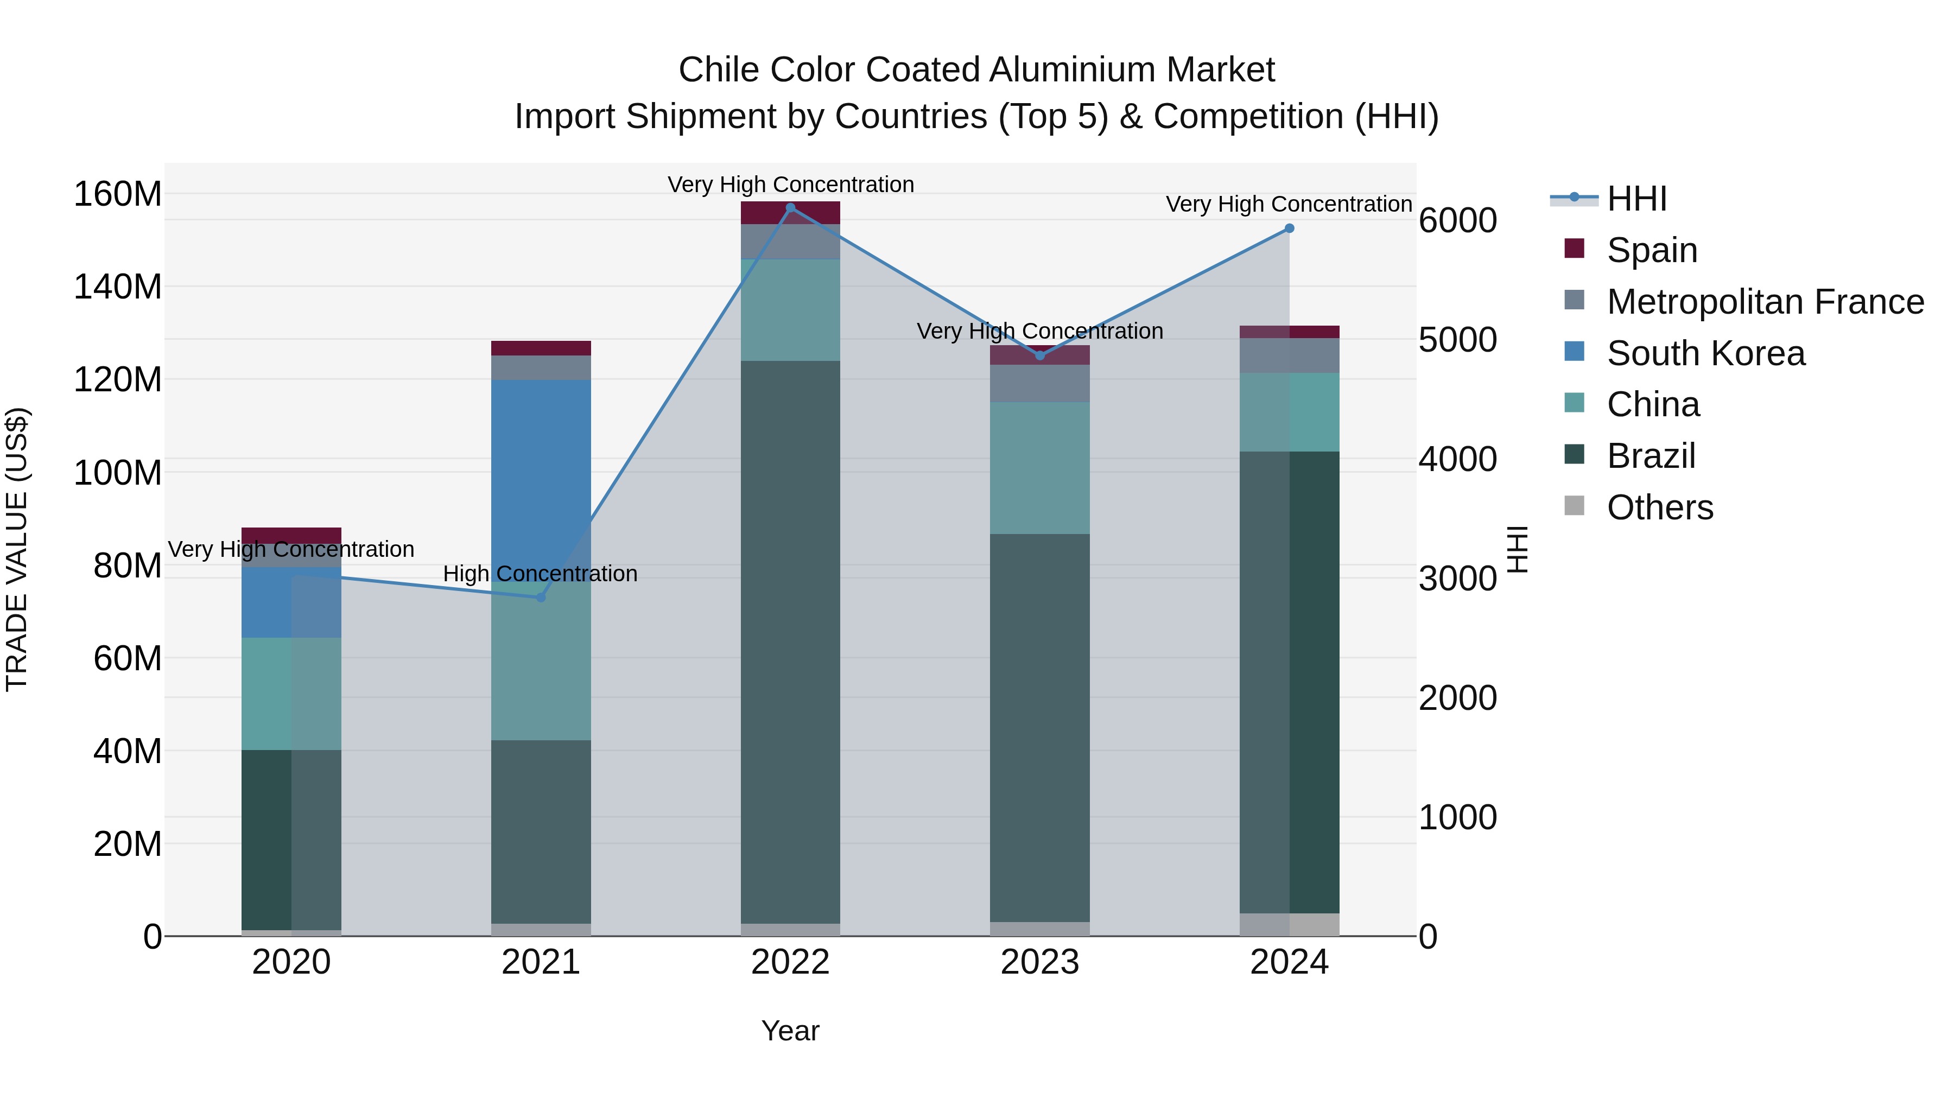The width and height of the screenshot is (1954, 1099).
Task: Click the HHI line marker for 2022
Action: click(x=790, y=208)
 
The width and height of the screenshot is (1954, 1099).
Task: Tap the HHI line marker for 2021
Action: click(x=541, y=598)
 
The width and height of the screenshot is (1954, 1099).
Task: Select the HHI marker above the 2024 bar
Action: click(x=1290, y=228)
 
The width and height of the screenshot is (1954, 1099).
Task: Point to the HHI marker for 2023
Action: click(x=1040, y=355)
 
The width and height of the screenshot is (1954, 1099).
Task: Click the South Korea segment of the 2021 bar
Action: click(x=541, y=470)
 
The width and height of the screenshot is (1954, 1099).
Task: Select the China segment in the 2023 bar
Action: click(x=1040, y=468)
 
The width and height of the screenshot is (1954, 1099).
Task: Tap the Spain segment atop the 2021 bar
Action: click(x=541, y=348)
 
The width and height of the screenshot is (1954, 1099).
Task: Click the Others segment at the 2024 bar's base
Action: click(x=1290, y=925)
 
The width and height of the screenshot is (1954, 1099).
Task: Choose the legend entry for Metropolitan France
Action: click(x=1765, y=302)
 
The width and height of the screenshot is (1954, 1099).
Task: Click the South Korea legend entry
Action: click(x=1706, y=353)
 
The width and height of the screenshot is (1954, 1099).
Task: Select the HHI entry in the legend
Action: click(x=1636, y=199)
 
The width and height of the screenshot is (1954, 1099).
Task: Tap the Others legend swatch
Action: click(x=1575, y=506)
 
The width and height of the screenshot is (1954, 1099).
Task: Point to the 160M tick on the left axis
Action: click(x=118, y=194)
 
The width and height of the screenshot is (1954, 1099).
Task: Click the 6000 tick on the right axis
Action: click(x=1458, y=221)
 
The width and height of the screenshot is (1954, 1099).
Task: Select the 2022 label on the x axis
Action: click(x=790, y=962)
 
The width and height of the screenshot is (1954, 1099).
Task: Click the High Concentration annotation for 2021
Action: click(x=540, y=574)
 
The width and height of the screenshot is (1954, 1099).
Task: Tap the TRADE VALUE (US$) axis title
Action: click(x=17, y=549)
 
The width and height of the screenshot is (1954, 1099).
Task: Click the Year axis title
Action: click(x=790, y=1031)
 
